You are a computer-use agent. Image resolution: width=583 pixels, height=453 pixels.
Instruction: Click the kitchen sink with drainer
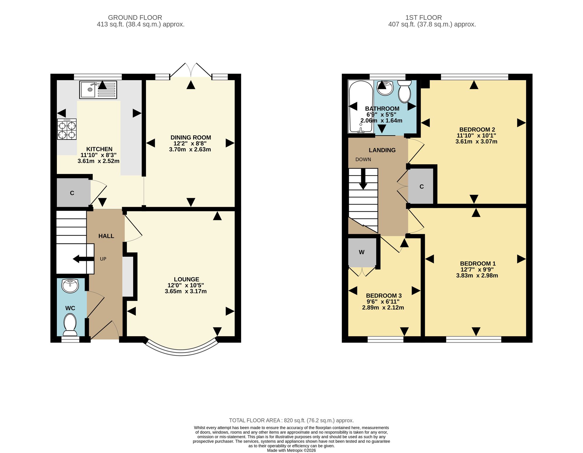pyautogui.click(x=98, y=90)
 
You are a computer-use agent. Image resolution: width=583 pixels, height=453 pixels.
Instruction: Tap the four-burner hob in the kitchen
pyautogui.click(x=67, y=129)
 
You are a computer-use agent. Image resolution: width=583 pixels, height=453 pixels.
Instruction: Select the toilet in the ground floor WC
pyautogui.click(x=70, y=325)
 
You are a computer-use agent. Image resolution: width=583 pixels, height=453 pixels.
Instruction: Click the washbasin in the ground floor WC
pyautogui.click(x=70, y=286)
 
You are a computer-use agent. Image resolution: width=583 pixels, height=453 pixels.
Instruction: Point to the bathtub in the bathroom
pyautogui.click(x=361, y=107)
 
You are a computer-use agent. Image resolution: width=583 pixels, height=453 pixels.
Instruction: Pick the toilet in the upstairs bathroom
pyautogui.click(x=405, y=91)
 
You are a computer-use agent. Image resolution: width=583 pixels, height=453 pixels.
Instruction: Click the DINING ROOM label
pyautogui.click(x=191, y=138)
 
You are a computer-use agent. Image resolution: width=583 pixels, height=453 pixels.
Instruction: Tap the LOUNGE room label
pyautogui.click(x=187, y=279)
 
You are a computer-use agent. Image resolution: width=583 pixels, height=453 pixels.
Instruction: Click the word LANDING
pyautogui.click(x=382, y=150)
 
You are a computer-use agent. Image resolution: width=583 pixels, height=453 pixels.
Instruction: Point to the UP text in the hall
pyautogui.click(x=103, y=259)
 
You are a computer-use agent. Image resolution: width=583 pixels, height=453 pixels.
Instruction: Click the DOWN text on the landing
pyautogui.click(x=363, y=160)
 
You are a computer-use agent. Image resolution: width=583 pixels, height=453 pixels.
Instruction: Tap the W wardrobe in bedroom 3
pyautogui.click(x=362, y=253)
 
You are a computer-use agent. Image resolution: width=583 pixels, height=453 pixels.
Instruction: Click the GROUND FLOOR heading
pyautogui.click(x=135, y=18)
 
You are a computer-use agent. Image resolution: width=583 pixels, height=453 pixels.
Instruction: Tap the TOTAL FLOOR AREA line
pyautogui.click(x=291, y=421)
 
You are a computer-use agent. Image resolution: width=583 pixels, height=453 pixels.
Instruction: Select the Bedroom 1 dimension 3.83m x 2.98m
pyautogui.click(x=477, y=276)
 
